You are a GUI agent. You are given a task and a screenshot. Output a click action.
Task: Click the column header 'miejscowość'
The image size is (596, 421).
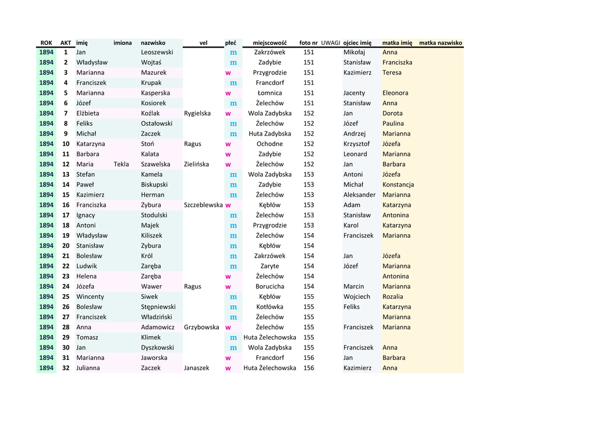(x=269, y=43)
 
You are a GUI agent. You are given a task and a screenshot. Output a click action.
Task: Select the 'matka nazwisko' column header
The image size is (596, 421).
(x=440, y=43)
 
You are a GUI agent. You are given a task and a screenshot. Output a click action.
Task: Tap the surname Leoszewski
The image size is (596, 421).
(x=157, y=52)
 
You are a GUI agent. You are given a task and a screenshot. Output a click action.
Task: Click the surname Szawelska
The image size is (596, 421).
(x=155, y=164)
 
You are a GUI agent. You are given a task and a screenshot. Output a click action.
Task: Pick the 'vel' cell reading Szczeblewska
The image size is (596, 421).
(x=203, y=205)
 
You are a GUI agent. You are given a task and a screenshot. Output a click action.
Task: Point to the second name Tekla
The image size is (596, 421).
(x=121, y=164)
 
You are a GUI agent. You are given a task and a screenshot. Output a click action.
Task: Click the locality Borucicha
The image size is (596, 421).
(x=269, y=286)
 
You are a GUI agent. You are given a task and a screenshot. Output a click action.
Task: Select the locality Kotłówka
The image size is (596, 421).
(x=269, y=306)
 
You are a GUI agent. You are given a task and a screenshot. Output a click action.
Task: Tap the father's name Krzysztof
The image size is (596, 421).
(x=356, y=144)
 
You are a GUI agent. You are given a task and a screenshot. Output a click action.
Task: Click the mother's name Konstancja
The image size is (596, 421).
(x=398, y=184)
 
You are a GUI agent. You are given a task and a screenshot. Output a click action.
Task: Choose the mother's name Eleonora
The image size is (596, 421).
(x=395, y=93)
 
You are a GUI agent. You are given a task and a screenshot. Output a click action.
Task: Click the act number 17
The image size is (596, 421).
(x=66, y=215)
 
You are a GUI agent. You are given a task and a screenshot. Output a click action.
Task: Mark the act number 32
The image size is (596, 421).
(x=66, y=368)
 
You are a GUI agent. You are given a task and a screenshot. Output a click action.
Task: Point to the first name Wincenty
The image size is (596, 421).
(x=90, y=297)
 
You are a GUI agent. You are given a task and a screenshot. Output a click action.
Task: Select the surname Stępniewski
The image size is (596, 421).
(x=158, y=306)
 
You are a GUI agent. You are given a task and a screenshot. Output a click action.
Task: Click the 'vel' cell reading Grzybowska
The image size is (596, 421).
(x=201, y=327)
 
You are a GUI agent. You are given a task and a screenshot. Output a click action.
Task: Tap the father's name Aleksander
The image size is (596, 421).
(x=359, y=195)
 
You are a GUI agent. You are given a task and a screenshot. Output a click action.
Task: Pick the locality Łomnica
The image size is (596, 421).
(x=269, y=93)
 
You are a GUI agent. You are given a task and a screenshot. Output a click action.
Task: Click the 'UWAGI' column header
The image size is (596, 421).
(x=330, y=43)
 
